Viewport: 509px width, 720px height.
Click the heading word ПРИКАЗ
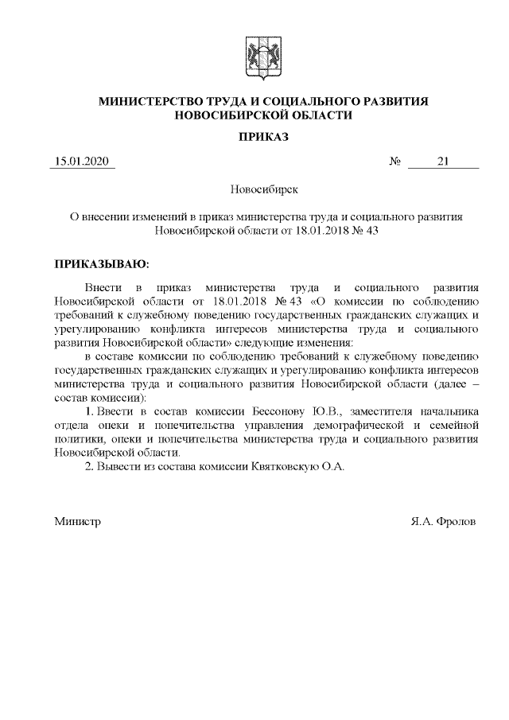point(264,137)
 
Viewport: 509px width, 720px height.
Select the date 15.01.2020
point(83,162)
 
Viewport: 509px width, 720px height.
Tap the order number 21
point(443,162)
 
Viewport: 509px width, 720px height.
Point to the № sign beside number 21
point(394,162)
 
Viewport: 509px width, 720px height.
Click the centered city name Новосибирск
point(264,190)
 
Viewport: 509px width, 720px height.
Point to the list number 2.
point(89,465)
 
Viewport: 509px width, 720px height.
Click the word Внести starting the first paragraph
point(103,286)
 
